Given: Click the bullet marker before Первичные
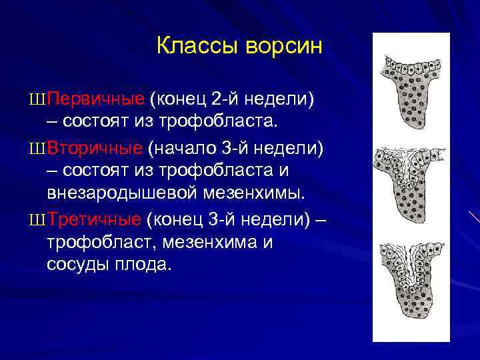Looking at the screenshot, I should (37, 99).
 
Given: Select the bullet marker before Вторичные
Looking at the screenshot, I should (37, 147).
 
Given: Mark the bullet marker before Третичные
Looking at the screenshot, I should (37, 219).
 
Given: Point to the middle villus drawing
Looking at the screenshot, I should (411, 180).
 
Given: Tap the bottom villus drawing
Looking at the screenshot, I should (411, 280).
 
